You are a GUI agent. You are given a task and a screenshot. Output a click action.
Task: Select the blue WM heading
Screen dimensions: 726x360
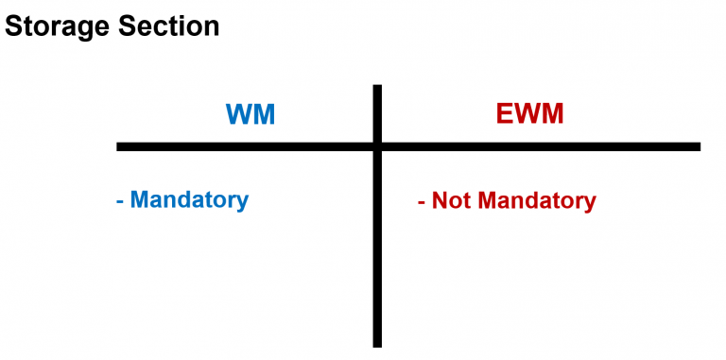click(x=251, y=114)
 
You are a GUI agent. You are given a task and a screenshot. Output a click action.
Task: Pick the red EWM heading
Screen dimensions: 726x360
click(x=529, y=114)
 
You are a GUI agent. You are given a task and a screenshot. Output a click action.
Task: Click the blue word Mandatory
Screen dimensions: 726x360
click(x=189, y=200)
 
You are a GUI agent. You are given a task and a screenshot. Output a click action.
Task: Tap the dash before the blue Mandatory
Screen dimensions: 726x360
click(x=120, y=201)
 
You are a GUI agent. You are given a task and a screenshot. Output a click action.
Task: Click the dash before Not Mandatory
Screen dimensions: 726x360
click(x=421, y=202)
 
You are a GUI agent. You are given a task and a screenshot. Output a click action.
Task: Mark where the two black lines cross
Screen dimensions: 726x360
click(x=377, y=146)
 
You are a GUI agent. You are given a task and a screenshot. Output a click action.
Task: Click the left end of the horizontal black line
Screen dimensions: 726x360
click(x=119, y=146)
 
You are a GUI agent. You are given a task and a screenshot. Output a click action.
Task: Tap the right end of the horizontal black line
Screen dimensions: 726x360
click(x=698, y=146)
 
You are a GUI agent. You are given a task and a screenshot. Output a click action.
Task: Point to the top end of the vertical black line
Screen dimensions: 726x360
click(x=377, y=88)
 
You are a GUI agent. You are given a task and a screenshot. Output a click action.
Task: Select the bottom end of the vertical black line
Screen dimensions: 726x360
click(x=377, y=344)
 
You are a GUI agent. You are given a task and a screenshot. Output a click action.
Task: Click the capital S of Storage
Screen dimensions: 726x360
click(x=13, y=26)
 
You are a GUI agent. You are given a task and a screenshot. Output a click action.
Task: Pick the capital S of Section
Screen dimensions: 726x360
click(x=127, y=26)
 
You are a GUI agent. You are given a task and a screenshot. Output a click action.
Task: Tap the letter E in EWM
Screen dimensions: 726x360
click(x=505, y=114)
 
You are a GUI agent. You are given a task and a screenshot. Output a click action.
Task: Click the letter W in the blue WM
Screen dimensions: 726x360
click(x=239, y=114)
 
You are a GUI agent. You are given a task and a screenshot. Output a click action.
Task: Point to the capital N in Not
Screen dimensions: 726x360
click(x=440, y=201)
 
